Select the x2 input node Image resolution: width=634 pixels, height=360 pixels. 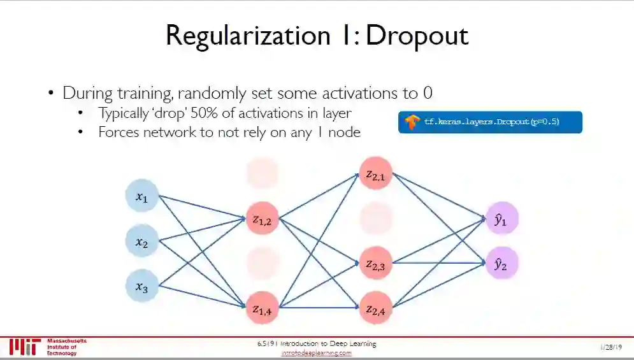(x=141, y=241)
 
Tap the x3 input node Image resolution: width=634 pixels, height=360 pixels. (x=141, y=285)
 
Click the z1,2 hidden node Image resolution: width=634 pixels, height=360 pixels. (x=262, y=220)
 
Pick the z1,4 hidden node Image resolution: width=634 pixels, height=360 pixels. (x=262, y=308)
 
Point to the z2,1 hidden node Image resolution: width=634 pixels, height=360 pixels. (x=375, y=174)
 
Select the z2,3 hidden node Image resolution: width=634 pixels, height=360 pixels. (x=375, y=264)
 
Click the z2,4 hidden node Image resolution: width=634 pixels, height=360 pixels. (x=375, y=308)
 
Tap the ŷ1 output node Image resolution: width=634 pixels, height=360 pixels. (x=501, y=219)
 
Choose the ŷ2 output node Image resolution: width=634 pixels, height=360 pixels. (x=501, y=264)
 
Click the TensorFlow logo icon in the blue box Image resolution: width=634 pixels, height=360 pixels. (x=412, y=122)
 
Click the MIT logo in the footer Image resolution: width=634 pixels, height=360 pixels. (x=25, y=347)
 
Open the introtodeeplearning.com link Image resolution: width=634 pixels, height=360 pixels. (x=317, y=353)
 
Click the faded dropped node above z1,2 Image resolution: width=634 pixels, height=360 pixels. (x=262, y=174)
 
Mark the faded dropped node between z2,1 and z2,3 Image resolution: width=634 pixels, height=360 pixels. (x=375, y=219)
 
